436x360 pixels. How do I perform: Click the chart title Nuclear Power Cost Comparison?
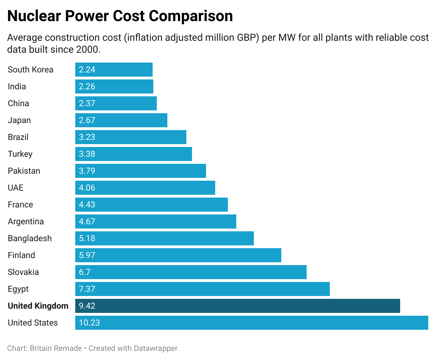coord(120,16)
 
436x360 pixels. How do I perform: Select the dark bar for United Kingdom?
coord(237,306)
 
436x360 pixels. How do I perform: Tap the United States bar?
coord(251,323)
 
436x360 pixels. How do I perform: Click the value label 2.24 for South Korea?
coord(87,70)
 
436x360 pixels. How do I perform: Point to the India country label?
coord(17,86)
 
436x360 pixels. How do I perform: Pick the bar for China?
coord(116,103)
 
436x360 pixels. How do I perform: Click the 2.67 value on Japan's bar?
coord(87,120)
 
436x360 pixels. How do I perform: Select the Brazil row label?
coord(18,137)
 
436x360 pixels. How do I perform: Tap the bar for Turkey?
coord(134,154)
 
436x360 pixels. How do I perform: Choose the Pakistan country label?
coord(24,171)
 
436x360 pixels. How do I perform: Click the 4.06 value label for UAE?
coord(87,188)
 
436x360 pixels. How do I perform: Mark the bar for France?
coord(152,205)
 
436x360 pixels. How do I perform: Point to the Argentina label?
coord(26,221)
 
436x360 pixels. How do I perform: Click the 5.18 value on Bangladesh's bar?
coord(87,238)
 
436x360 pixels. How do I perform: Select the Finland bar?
coord(178,255)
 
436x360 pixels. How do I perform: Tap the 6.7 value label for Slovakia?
coord(84,272)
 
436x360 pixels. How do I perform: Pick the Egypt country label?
coord(18,289)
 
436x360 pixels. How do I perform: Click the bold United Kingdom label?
coord(38,306)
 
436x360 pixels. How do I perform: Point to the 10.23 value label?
coord(89,323)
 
